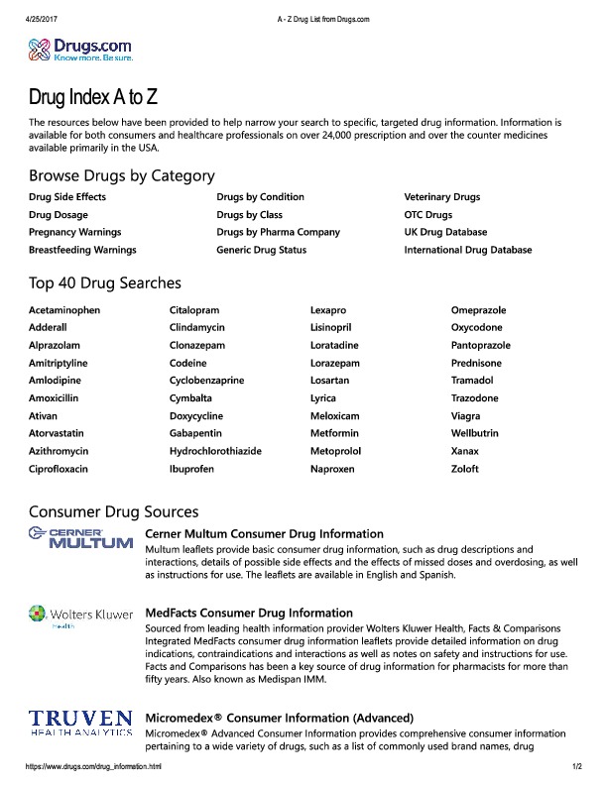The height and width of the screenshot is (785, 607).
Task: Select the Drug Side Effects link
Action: click(x=67, y=197)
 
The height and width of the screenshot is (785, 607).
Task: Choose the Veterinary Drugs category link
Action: click(x=441, y=197)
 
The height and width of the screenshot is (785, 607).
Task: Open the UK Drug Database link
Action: click(x=445, y=232)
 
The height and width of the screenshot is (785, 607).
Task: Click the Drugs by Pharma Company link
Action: click(x=278, y=232)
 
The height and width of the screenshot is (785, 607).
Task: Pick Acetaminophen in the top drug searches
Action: click(x=64, y=310)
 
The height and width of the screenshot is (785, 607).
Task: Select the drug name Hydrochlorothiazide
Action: click(x=215, y=451)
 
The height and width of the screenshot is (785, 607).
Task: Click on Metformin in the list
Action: click(x=335, y=433)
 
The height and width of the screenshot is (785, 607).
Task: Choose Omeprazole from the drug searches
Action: click(x=479, y=310)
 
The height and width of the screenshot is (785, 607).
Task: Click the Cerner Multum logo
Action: click(x=80, y=538)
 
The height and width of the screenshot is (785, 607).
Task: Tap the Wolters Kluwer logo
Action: click(x=80, y=617)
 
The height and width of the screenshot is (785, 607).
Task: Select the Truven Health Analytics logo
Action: click(x=80, y=722)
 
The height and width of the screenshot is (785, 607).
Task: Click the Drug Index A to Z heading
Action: click(x=93, y=99)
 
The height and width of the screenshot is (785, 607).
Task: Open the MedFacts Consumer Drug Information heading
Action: click(x=249, y=614)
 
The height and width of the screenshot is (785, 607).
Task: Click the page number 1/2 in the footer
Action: click(x=576, y=767)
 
